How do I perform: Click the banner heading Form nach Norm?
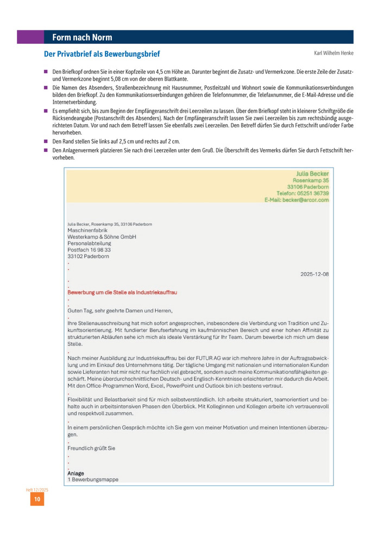(82, 37)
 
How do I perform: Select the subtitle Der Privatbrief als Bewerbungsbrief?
(102, 54)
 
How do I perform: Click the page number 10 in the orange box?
(37, 499)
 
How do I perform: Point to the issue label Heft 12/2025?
(37, 490)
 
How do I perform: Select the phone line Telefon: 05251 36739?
(302, 193)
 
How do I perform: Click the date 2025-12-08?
(314, 274)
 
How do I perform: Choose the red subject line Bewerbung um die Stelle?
(122, 292)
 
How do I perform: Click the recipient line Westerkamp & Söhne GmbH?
(102, 237)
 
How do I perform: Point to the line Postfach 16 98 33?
(89, 250)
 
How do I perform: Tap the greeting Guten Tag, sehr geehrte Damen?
(119, 311)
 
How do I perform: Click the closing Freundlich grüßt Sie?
(91, 449)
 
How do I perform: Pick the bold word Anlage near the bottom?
(76, 473)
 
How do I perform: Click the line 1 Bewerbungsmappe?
(93, 480)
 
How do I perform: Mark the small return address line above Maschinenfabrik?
(110, 224)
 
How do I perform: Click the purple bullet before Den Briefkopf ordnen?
(46, 71)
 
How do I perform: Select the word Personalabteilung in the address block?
(89, 244)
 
